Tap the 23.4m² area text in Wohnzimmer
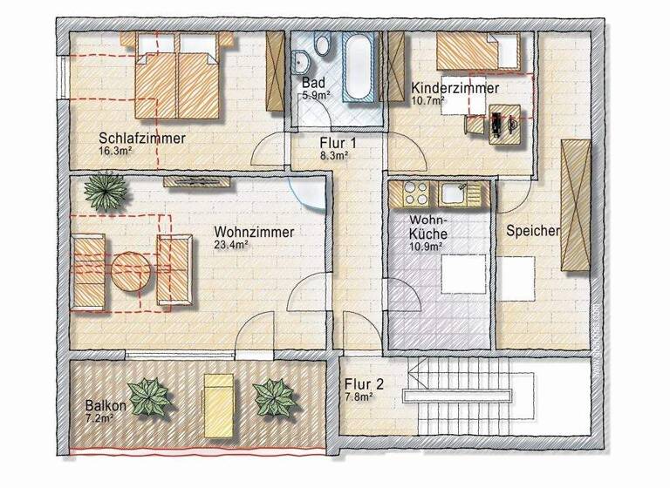(x=232, y=246)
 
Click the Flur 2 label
(x=363, y=383)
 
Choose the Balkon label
(x=106, y=406)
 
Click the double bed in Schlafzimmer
(x=177, y=82)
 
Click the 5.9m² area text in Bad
(x=315, y=95)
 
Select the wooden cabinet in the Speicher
(x=576, y=206)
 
